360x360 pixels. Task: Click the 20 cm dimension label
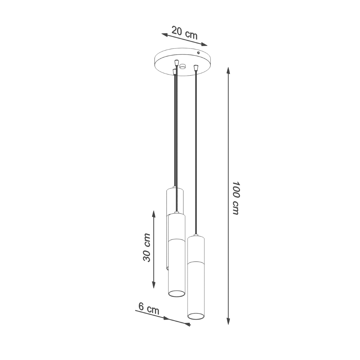point(184,33)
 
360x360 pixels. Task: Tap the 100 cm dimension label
point(235,198)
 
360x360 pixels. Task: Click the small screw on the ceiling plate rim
point(198,53)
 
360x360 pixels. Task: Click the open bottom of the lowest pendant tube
point(196,315)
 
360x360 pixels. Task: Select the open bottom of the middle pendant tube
point(176,293)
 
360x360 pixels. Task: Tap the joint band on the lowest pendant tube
point(196,262)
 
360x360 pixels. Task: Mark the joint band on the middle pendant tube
point(176,240)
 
